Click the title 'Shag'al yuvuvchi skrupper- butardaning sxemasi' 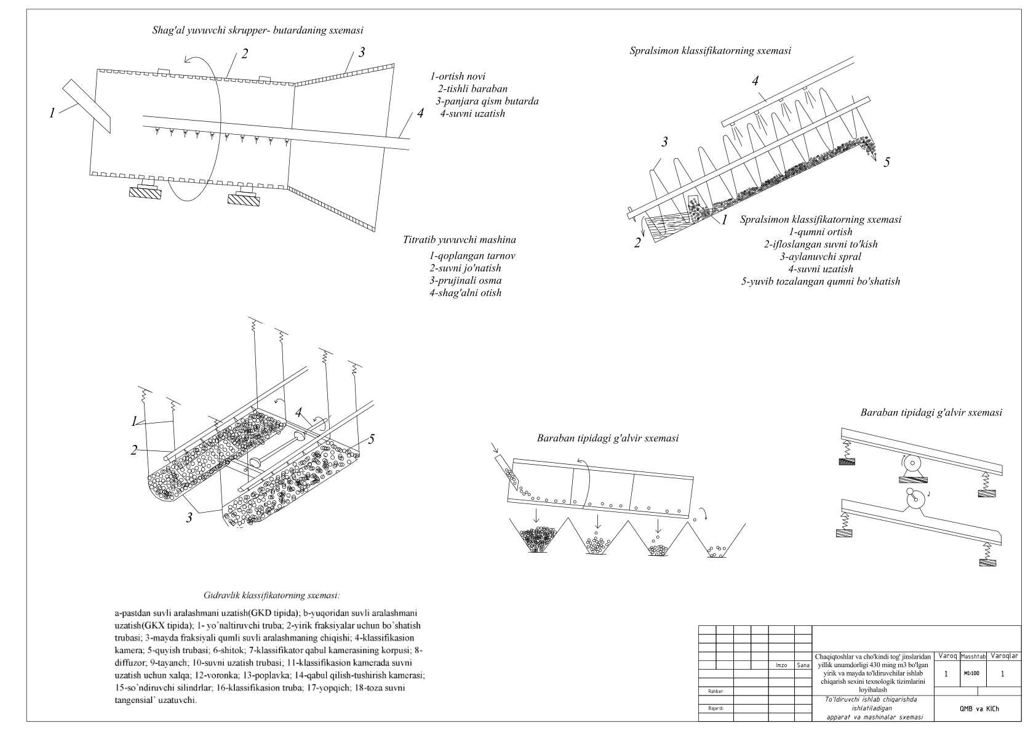click(258, 30)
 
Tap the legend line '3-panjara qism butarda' click(487, 101)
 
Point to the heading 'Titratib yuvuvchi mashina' click(460, 240)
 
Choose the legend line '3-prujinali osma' click(465, 281)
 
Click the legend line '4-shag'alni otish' click(465, 293)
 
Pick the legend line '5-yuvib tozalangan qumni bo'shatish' click(821, 281)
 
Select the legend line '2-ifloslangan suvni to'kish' click(821, 244)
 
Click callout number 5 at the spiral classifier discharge click(887, 162)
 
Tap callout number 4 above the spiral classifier click(755, 81)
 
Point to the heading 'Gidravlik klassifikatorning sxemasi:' click(271, 596)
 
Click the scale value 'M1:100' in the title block click(971, 673)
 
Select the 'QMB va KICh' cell click(979, 708)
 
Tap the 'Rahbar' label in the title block click(715, 691)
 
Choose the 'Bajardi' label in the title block click(715, 708)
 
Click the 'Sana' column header click(803, 665)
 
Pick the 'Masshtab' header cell click(972, 657)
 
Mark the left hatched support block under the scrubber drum click(145, 192)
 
